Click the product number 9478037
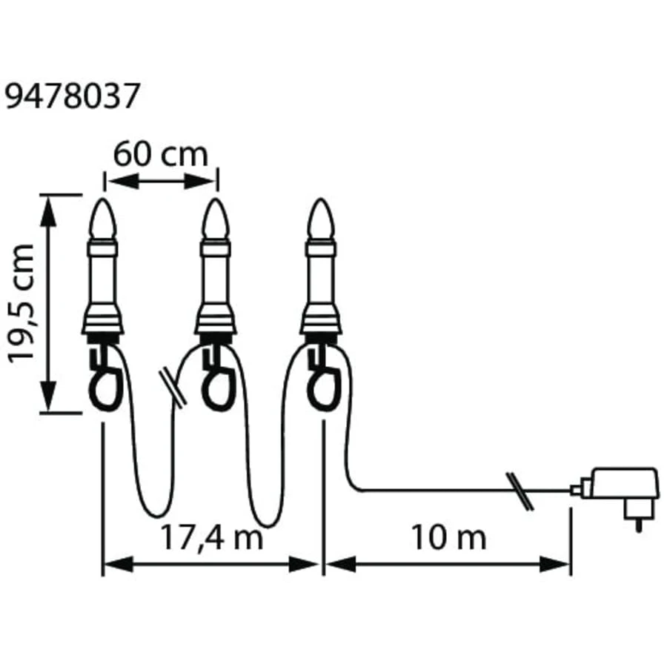(x=71, y=96)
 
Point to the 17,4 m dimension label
(x=211, y=537)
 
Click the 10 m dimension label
(x=449, y=537)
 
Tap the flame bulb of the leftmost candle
(x=103, y=219)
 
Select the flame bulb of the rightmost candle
(x=322, y=219)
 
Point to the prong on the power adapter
(x=638, y=525)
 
